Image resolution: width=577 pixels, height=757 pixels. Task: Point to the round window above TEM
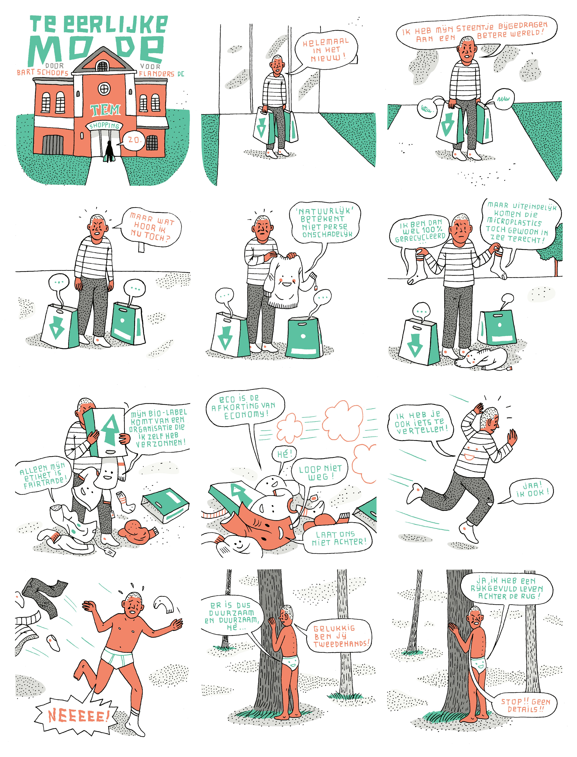(x=104, y=89)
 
